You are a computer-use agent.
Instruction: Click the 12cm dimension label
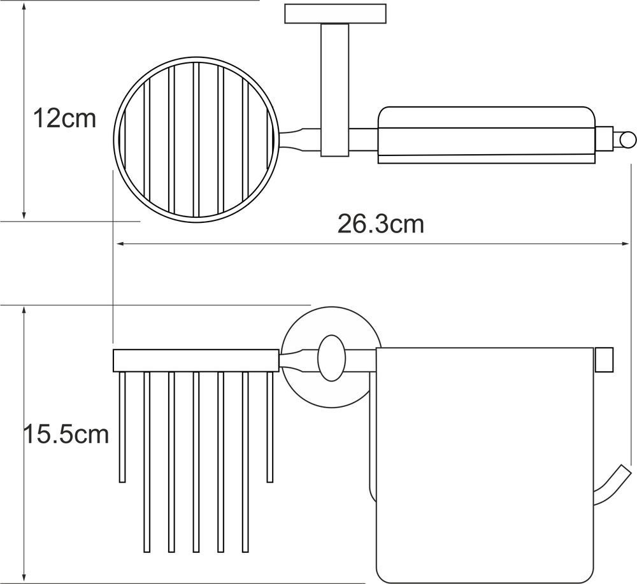[x=64, y=118]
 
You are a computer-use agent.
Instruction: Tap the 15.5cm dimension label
[x=66, y=434]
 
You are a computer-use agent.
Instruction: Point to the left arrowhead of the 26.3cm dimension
[x=120, y=244]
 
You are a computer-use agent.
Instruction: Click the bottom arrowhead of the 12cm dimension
[x=24, y=215]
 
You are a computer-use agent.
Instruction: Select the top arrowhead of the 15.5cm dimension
[x=24, y=311]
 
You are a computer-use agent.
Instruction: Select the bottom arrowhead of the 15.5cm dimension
[x=24, y=578]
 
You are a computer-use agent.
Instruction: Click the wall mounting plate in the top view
[x=335, y=14]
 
